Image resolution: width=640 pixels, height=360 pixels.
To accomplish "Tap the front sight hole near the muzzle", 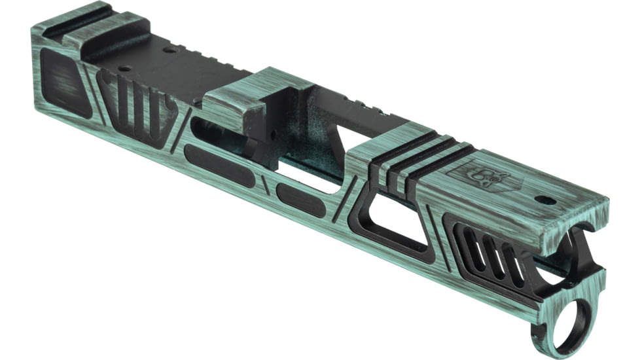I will click(545, 199).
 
